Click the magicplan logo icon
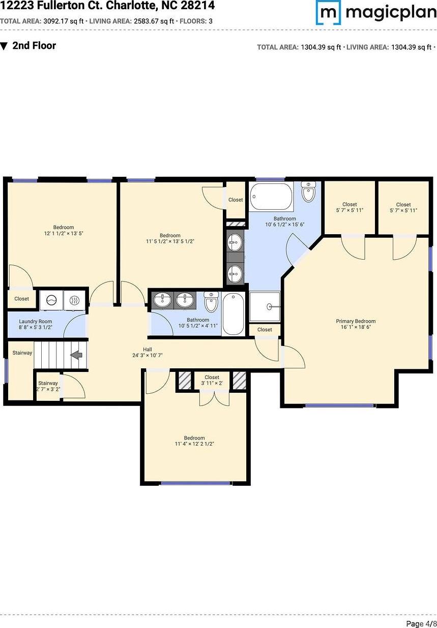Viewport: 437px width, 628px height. [x=328, y=12]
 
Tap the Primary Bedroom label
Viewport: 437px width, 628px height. [x=356, y=321]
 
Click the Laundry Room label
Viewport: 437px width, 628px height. [x=36, y=321]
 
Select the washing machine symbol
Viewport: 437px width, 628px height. [x=51, y=300]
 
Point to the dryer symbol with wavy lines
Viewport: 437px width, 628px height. [x=74, y=300]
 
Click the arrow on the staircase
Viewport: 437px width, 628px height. [x=76, y=355]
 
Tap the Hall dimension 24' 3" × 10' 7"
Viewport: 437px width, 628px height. [x=148, y=355]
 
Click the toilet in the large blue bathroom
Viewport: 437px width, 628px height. [x=308, y=191]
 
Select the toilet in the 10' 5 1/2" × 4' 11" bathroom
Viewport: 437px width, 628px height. [x=211, y=302]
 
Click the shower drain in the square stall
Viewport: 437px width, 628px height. [x=270, y=306]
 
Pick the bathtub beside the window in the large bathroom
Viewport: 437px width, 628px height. [x=271, y=196]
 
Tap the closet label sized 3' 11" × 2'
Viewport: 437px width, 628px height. [x=212, y=380]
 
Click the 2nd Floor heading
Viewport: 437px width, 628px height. [x=34, y=45]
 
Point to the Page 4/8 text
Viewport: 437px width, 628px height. [x=421, y=623]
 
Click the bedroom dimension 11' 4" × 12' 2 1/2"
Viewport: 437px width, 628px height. [x=194, y=444]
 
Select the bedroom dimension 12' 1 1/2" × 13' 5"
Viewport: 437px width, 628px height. [x=64, y=233]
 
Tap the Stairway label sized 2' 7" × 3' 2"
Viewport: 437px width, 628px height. [x=48, y=386]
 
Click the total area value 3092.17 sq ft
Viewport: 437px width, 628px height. [x=64, y=21]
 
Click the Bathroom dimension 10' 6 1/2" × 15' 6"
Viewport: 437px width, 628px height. [x=284, y=224]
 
